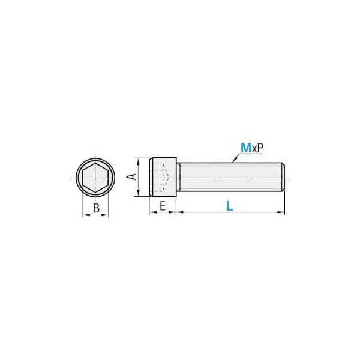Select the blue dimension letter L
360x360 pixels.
229,206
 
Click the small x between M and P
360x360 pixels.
254,148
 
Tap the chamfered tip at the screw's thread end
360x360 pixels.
283,178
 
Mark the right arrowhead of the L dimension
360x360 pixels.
282,212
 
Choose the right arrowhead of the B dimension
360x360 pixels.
106,215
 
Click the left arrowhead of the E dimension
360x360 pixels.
151,212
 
